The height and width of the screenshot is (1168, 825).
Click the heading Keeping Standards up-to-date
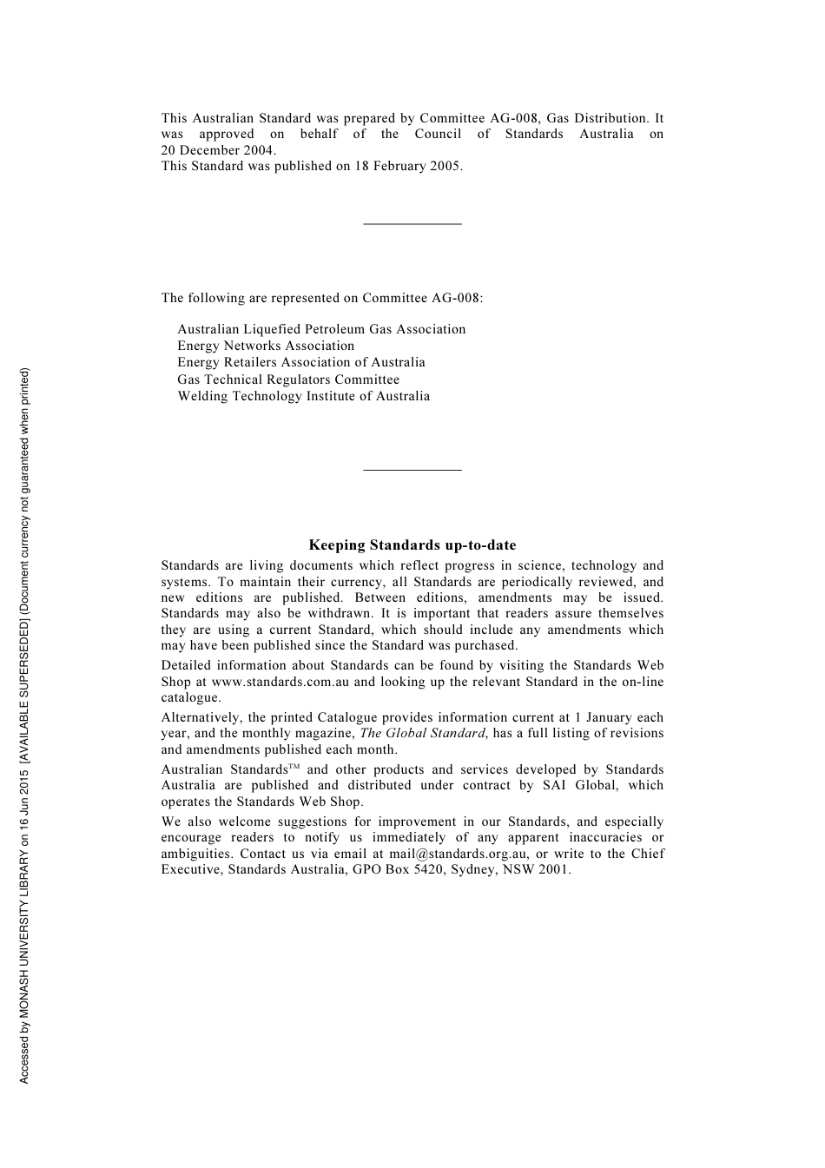(412, 545)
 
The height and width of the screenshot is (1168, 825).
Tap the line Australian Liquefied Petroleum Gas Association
(321, 329)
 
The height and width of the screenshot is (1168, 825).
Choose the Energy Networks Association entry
(266, 346)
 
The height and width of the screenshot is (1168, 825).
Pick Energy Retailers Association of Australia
(301, 362)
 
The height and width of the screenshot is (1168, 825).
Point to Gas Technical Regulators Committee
(288, 379)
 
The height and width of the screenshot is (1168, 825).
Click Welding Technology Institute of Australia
(303, 396)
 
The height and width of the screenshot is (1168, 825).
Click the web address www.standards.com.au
(280, 682)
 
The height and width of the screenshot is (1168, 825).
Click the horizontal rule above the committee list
(412, 224)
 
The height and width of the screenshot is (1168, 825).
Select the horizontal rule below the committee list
(412, 470)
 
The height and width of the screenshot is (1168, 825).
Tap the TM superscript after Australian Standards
(294, 766)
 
